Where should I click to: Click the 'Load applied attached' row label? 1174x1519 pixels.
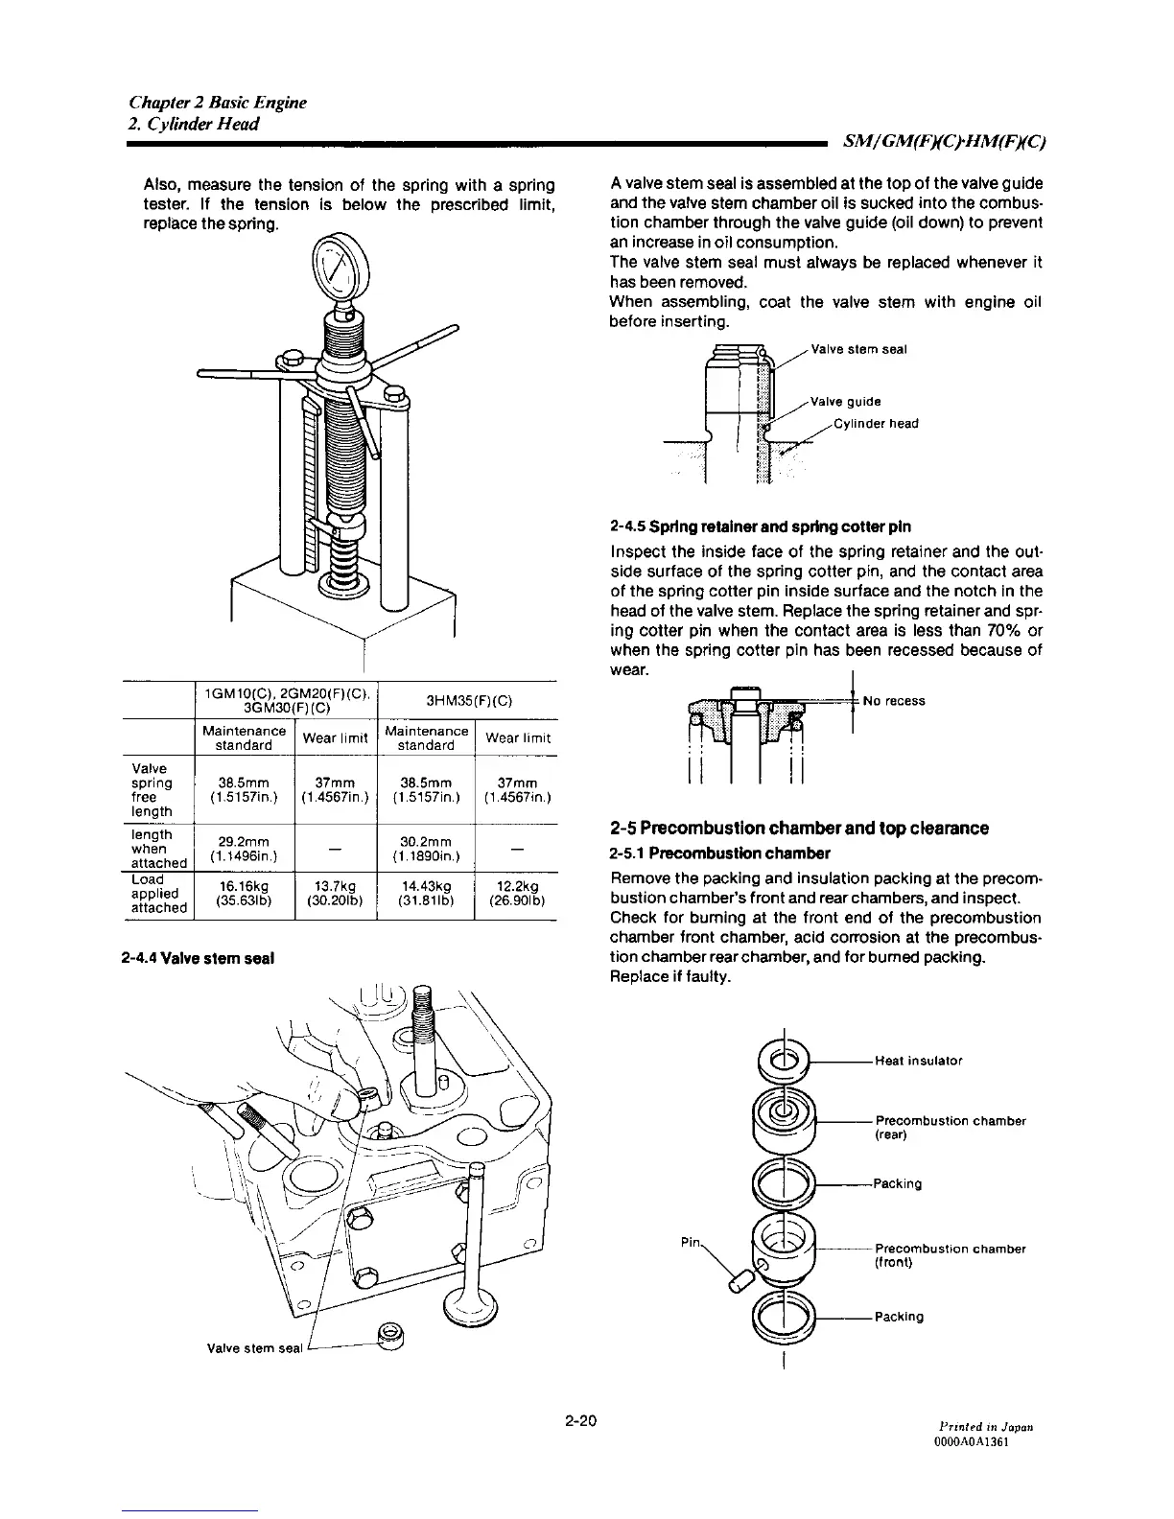click(x=158, y=893)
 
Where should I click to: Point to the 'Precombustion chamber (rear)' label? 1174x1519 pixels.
click(x=950, y=1128)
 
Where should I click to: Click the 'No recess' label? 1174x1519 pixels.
click(x=894, y=701)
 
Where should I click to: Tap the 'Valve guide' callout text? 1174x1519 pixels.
click(x=845, y=402)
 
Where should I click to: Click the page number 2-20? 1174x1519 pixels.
click(x=581, y=1420)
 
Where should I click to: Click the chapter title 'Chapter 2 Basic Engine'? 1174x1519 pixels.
click(x=218, y=103)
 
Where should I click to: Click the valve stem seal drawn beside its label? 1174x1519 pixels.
click(x=390, y=1334)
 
